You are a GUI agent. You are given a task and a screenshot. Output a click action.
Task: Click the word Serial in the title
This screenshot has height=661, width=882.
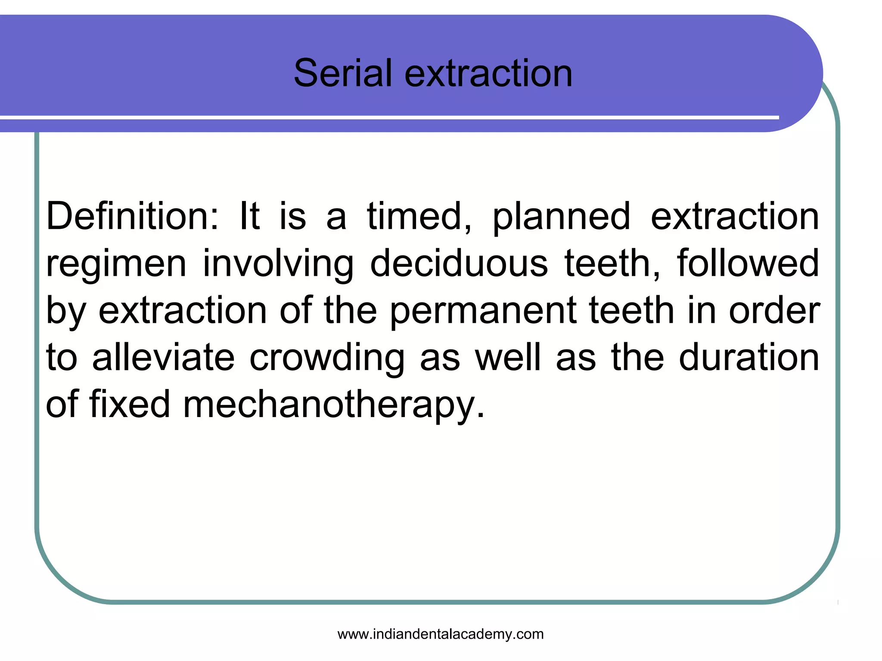tap(342, 73)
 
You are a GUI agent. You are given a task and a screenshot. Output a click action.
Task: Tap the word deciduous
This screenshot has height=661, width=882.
tap(459, 263)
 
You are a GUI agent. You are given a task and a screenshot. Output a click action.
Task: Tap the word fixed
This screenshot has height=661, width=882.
tap(130, 404)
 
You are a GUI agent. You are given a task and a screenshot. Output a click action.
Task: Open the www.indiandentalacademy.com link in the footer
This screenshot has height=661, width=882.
tap(441, 634)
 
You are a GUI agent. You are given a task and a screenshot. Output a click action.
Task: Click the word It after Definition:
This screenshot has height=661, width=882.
tap(249, 216)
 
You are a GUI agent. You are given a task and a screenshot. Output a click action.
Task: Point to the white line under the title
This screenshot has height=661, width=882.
tap(388, 117)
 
